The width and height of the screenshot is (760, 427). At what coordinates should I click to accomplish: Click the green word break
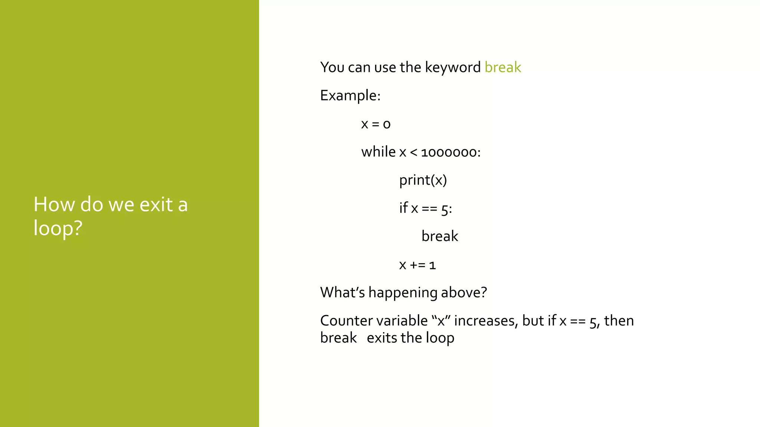[x=502, y=67]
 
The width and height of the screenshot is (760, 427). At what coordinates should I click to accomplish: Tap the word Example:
[x=350, y=96]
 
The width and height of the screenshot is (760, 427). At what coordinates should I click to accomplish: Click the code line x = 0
[x=376, y=124]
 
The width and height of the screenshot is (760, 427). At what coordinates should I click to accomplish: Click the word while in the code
[x=378, y=152]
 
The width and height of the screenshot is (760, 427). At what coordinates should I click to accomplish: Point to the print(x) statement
[x=423, y=180]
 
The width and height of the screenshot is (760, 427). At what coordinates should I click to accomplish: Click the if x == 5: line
[x=425, y=208]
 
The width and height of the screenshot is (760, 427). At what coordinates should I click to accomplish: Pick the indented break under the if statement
[x=440, y=236]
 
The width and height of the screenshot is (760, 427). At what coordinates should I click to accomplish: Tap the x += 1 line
[x=417, y=265]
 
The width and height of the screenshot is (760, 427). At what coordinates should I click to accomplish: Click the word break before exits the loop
[x=338, y=338]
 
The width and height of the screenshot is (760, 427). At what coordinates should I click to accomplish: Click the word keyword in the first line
[x=452, y=67]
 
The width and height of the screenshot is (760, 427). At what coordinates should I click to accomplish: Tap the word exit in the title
[x=156, y=205]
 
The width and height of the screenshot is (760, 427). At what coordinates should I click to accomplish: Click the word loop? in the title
[x=58, y=228]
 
